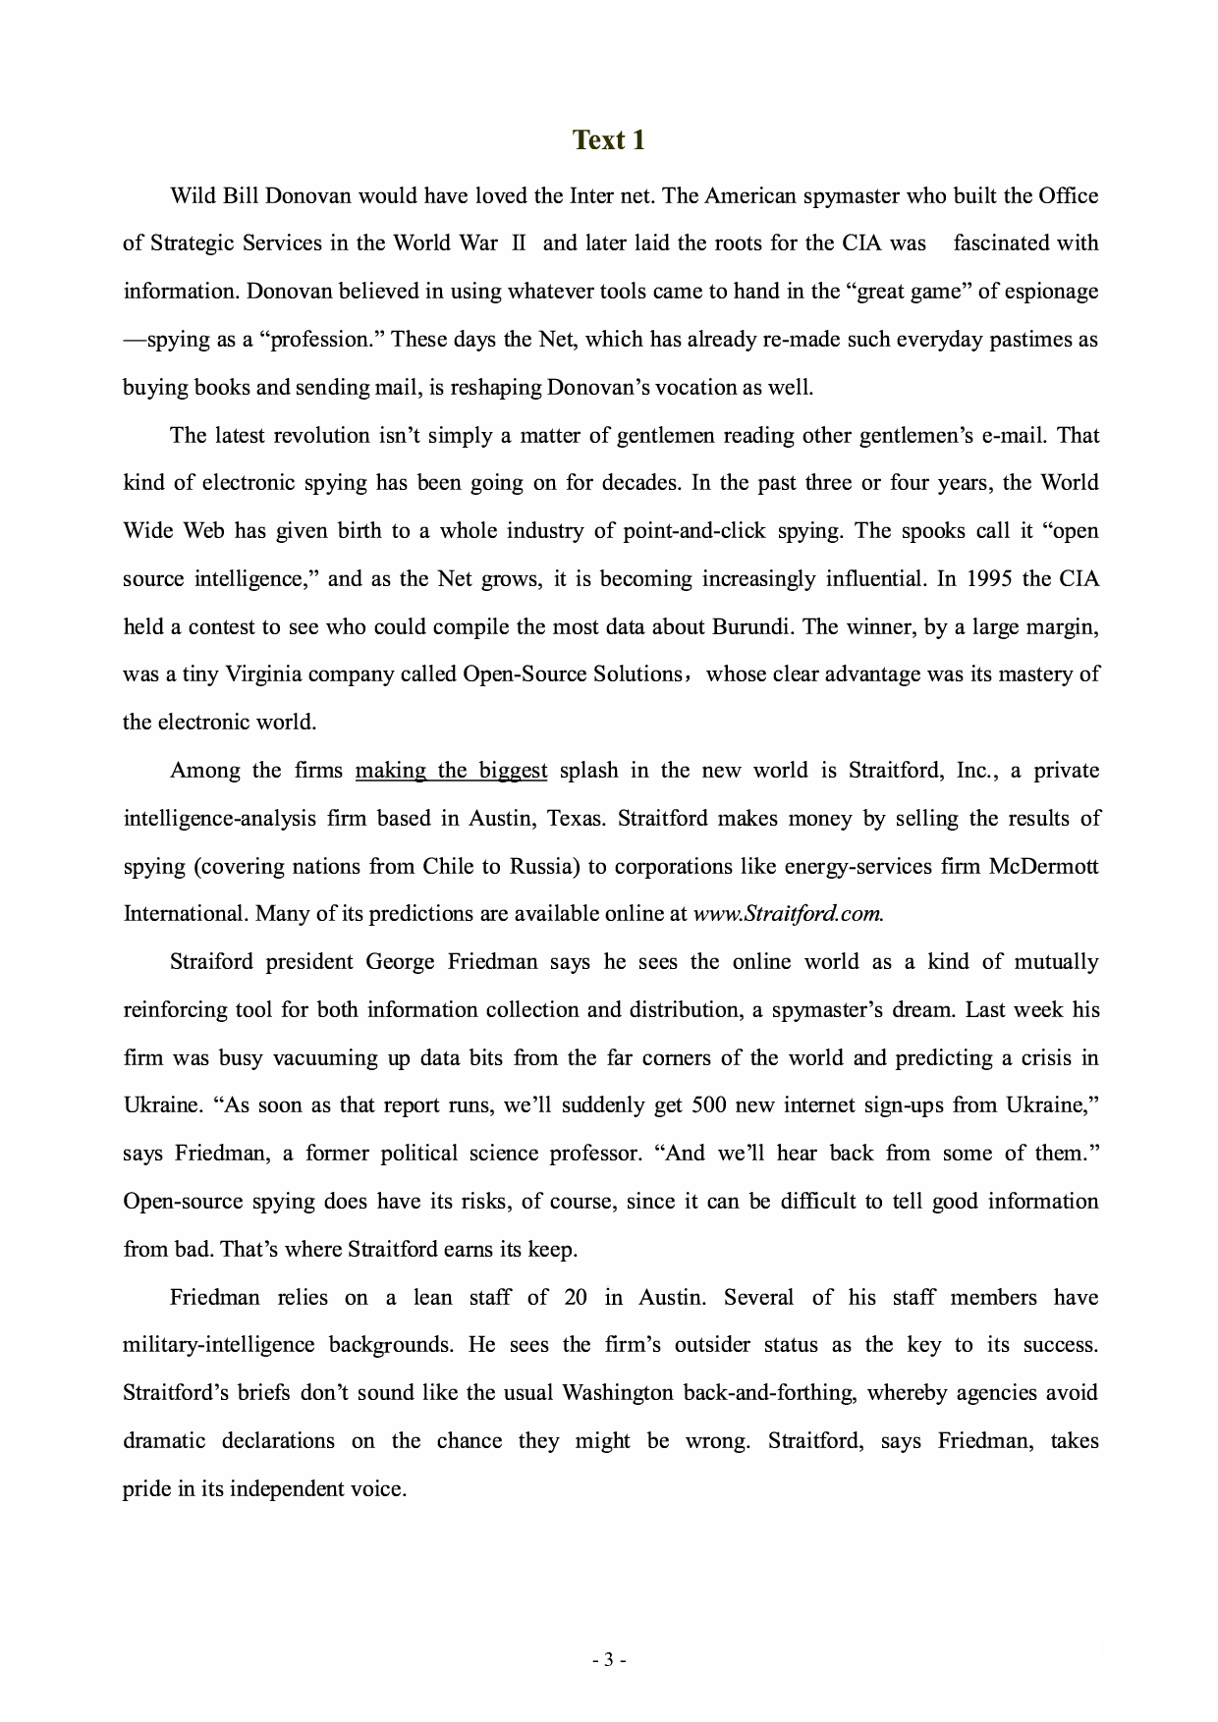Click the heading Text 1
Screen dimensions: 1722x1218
click(609, 140)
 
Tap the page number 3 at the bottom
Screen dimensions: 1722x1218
click(609, 1660)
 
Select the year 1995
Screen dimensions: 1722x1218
click(989, 578)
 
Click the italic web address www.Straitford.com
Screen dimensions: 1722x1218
click(788, 914)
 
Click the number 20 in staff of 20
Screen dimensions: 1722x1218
click(576, 1297)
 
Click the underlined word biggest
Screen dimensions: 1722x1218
click(513, 770)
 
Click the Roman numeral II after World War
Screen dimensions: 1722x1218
click(520, 243)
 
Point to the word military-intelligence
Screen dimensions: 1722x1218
click(219, 1345)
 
